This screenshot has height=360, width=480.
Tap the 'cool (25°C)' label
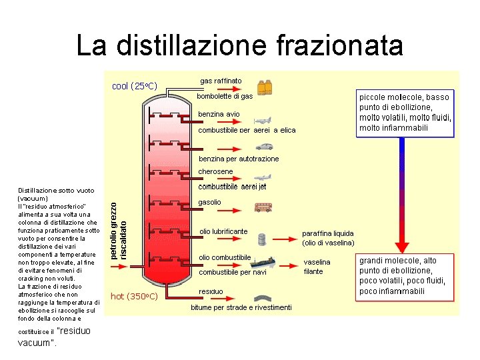pos(134,86)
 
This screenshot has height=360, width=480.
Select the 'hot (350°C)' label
pos(133,296)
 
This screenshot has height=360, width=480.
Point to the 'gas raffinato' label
pos(221,81)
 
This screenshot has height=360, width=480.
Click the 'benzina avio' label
pos(219,114)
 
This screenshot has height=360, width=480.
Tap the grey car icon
pos(263,146)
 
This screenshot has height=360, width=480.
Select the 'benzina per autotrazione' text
pos(239,159)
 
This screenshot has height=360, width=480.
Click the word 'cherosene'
pos(216,171)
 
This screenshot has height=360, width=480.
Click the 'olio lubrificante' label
pos(223,231)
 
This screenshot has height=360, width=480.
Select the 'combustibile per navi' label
pos(233,272)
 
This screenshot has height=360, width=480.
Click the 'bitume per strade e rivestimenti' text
pos(241,307)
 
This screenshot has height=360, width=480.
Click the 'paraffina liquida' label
pos(328,234)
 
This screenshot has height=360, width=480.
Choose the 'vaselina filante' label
pos(317,267)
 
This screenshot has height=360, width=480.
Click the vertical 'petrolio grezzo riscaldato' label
pos(118,222)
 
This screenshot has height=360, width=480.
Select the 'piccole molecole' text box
pos(405,112)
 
